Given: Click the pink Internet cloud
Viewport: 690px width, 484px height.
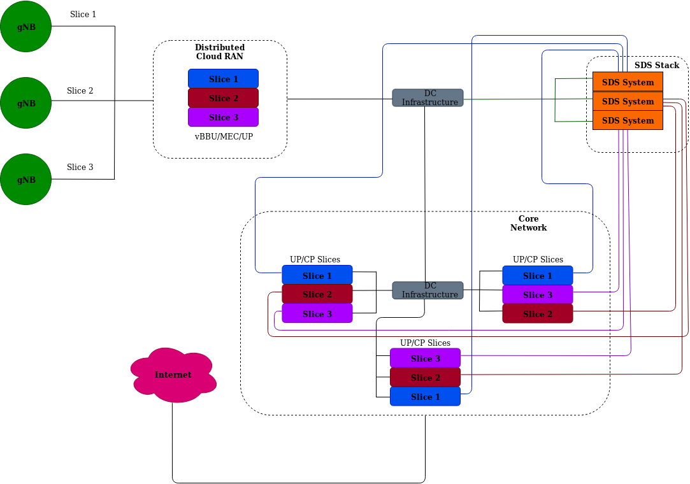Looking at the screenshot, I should [x=173, y=375].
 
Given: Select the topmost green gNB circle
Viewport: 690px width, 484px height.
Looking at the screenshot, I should [x=25, y=27].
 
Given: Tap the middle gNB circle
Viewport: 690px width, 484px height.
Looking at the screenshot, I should [x=25, y=103].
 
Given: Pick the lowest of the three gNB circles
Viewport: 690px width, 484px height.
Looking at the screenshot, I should [x=25, y=180].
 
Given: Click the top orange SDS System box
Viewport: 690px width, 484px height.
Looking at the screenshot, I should [x=628, y=82].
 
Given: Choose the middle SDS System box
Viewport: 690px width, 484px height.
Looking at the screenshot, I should [x=628, y=101].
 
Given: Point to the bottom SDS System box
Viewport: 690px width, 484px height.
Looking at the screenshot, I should [x=628, y=120].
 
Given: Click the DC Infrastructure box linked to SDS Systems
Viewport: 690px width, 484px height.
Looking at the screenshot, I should [x=428, y=97].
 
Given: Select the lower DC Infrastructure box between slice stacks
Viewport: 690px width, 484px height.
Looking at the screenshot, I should [x=428, y=290].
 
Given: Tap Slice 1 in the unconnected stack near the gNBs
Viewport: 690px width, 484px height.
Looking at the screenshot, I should [x=223, y=79].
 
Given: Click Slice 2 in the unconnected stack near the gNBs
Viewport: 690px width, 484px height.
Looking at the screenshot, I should [x=223, y=98].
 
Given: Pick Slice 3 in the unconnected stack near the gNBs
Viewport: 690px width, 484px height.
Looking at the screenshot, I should [x=223, y=117].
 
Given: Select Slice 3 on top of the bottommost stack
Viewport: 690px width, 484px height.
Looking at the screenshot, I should [x=425, y=359].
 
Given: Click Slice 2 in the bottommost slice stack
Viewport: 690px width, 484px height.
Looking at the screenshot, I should [x=425, y=378].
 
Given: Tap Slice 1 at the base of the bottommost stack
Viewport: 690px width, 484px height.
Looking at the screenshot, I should [x=425, y=397].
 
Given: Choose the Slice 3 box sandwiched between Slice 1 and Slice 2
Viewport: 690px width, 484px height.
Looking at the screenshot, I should [x=537, y=295].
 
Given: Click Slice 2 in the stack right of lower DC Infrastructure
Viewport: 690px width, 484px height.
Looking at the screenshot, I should [x=537, y=314].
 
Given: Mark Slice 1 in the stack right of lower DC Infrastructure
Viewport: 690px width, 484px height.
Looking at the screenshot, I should [x=537, y=276].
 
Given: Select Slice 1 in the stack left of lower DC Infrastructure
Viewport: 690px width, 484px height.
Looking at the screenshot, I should [x=317, y=276].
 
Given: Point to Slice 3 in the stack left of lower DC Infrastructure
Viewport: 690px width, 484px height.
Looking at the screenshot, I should [x=317, y=314].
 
